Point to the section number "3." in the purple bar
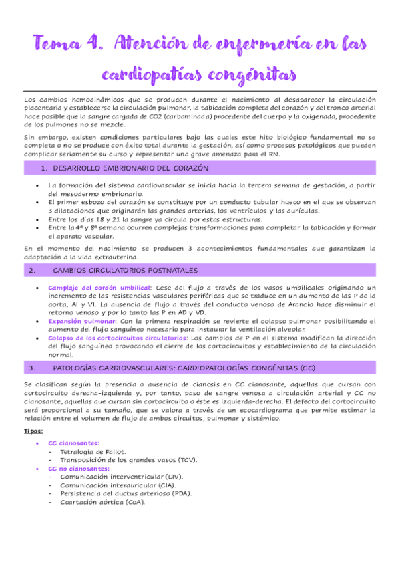tap(33, 368)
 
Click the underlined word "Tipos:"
tap(32, 432)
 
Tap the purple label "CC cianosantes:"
tap(73, 443)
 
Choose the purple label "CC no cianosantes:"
tap(79, 469)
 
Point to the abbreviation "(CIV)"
tap(172, 477)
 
